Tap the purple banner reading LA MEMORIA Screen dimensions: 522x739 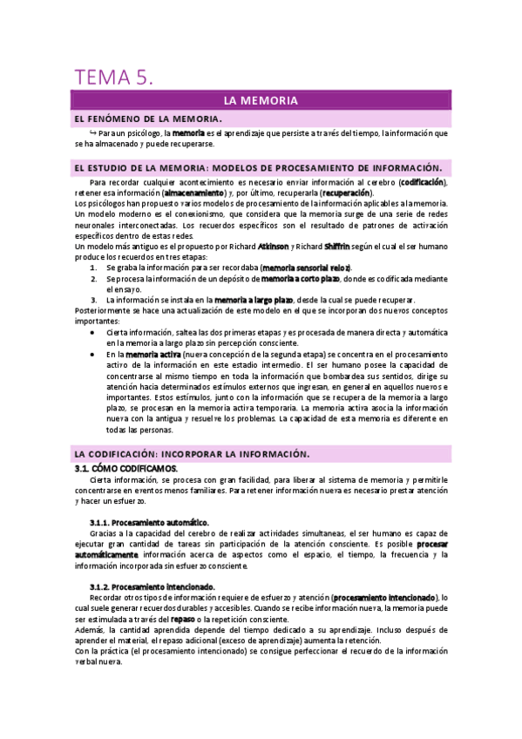(x=261, y=101)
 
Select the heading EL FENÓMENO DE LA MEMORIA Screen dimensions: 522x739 (x=149, y=118)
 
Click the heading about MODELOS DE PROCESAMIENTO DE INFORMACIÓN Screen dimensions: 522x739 (x=259, y=167)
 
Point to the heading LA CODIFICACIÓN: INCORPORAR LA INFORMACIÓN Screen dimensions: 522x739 (x=192, y=454)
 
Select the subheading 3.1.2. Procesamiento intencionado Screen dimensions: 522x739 (x=153, y=586)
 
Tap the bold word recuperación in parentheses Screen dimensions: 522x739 (x=346, y=193)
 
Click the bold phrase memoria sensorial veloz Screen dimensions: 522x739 (x=306, y=268)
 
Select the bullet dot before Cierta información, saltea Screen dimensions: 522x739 (x=94, y=334)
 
